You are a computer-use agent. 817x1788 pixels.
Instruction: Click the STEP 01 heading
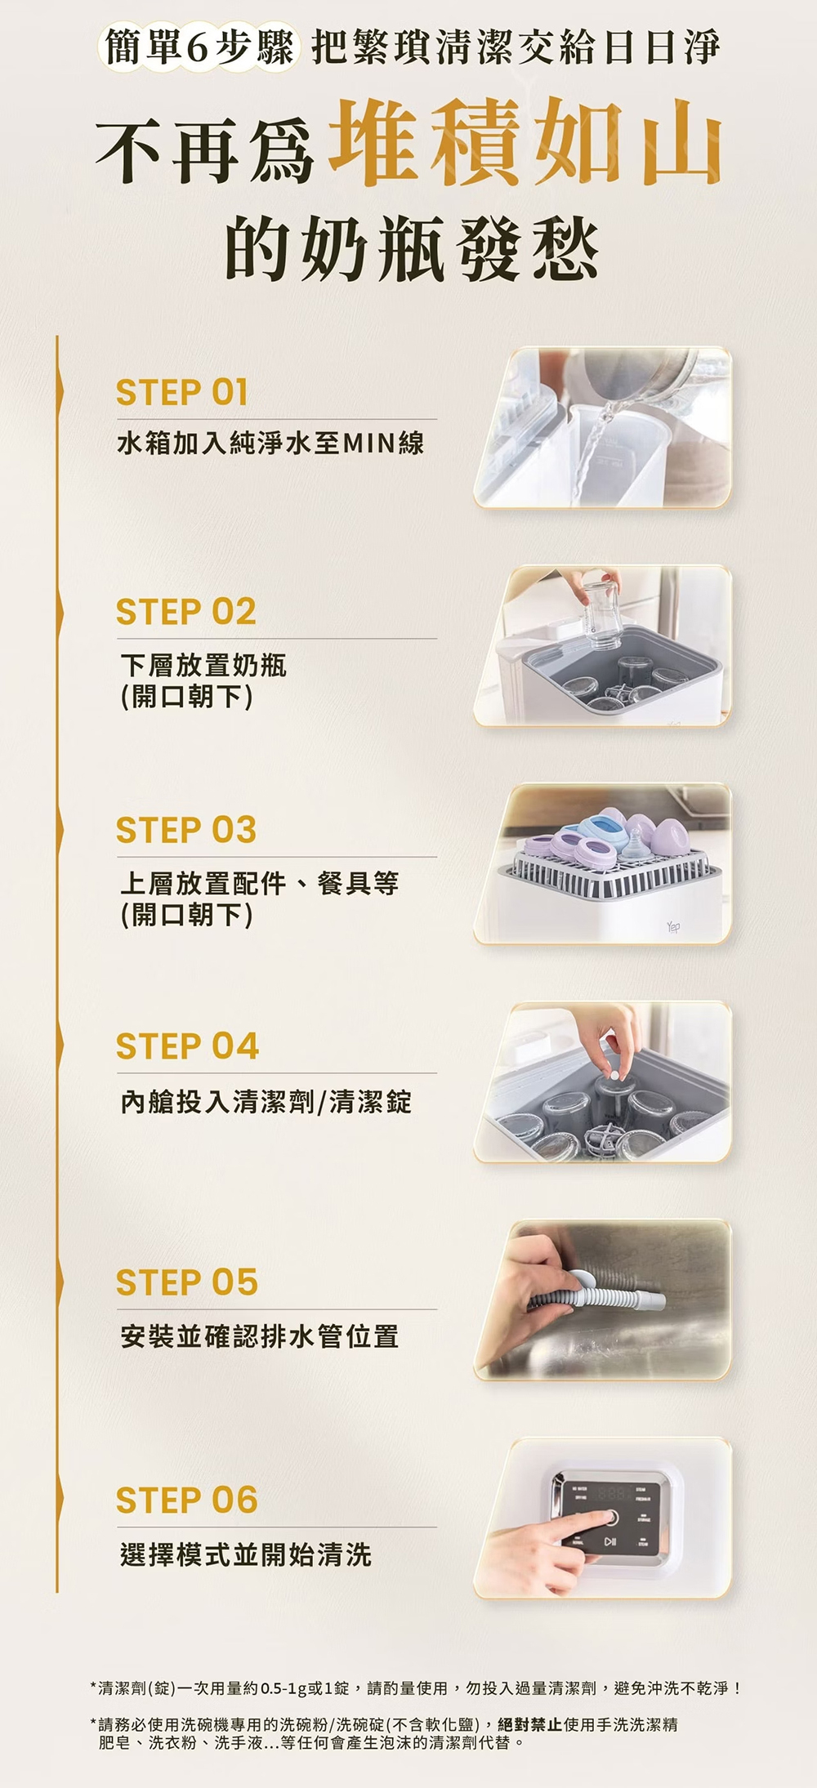(x=181, y=393)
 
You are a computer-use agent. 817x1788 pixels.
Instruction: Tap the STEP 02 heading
(x=185, y=612)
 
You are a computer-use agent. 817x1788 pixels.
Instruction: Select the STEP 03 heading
(x=186, y=830)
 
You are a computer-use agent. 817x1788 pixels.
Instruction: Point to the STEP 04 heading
(x=187, y=1046)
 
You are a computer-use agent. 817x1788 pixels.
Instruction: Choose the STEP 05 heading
(x=187, y=1282)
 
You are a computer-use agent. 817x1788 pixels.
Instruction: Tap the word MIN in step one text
(x=369, y=444)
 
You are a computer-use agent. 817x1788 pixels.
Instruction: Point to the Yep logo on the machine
(x=673, y=927)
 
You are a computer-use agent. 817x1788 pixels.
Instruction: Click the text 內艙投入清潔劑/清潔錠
(x=266, y=1102)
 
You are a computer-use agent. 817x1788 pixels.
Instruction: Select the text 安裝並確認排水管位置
(x=260, y=1337)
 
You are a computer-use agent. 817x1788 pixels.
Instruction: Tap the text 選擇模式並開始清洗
(x=246, y=1554)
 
